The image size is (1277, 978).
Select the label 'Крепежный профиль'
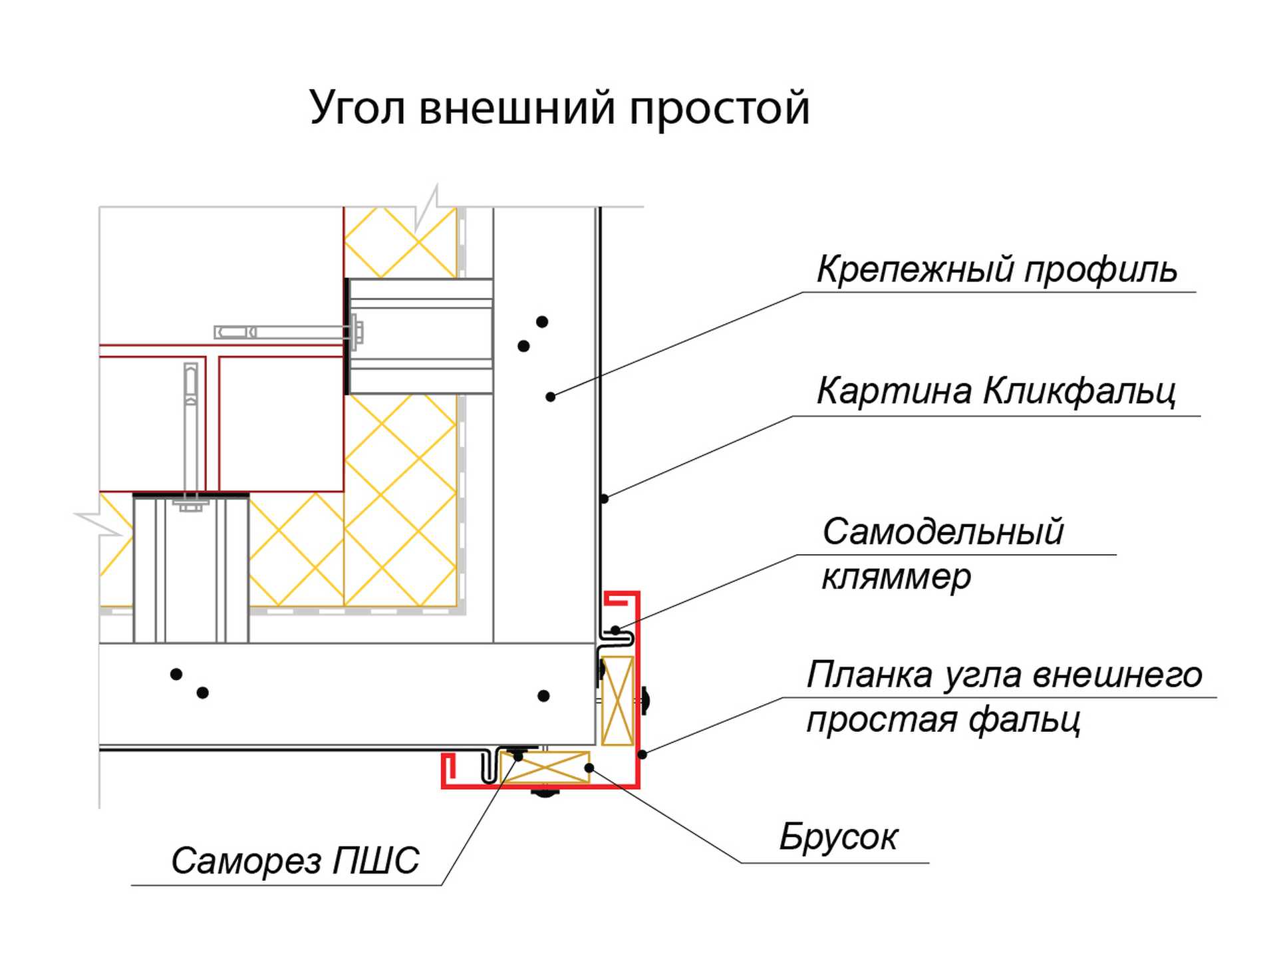point(996,270)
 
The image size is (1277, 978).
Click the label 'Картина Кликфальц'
point(996,391)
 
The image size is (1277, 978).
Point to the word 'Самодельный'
point(942,532)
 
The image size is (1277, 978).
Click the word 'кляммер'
point(896,576)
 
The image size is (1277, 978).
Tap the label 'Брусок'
point(838,836)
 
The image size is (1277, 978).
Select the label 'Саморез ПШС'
point(295,860)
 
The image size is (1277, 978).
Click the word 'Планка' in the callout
point(871,675)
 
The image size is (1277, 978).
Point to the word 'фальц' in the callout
point(1024,720)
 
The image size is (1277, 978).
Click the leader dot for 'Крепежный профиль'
point(550,397)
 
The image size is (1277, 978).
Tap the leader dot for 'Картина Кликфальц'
point(604,498)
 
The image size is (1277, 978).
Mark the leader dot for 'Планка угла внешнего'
point(642,754)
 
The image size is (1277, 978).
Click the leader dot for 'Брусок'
point(589,768)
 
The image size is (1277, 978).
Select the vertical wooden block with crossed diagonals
point(617,701)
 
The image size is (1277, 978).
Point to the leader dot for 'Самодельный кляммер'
point(615,629)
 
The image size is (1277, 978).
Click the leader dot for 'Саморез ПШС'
point(518,756)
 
